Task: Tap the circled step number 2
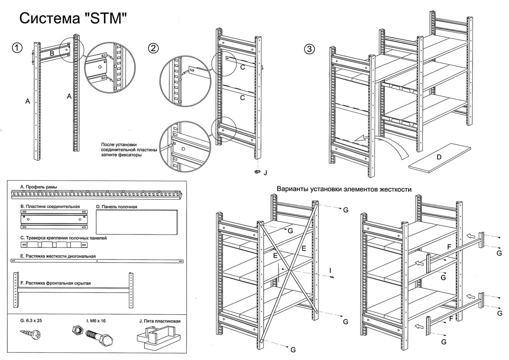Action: click(x=153, y=48)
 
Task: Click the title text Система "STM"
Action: click(x=73, y=19)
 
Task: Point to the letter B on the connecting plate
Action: click(x=52, y=53)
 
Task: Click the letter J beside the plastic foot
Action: click(x=266, y=173)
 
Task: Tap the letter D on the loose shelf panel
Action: click(x=439, y=157)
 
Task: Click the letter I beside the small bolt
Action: click(x=330, y=269)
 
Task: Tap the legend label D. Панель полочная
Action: click(x=117, y=207)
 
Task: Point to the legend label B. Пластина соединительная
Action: click(x=50, y=206)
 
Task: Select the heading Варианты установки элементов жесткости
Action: click(x=344, y=189)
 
